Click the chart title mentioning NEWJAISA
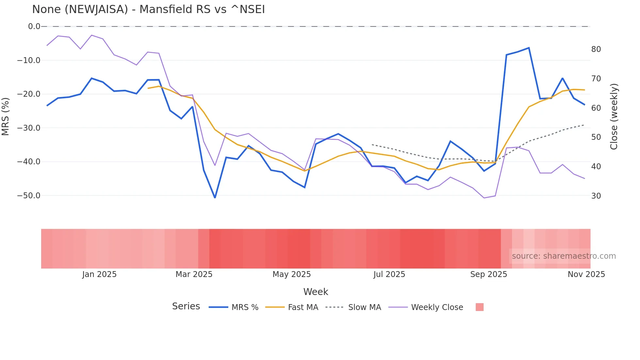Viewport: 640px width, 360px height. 148,9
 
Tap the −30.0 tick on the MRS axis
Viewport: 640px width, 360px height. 29,128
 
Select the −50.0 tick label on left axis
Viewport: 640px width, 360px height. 29,196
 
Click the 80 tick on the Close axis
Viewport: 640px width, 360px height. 596,49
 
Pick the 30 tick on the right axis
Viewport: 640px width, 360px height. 596,196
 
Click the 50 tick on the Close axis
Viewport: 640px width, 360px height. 596,137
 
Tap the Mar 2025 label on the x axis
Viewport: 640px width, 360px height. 194,274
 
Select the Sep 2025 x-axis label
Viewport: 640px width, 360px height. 488,274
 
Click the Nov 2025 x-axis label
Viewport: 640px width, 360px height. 586,274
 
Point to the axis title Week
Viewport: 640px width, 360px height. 315,292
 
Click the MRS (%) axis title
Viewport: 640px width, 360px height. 6,116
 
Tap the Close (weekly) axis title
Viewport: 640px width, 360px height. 614,116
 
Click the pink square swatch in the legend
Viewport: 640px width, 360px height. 479,307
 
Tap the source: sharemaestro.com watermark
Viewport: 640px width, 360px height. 564,256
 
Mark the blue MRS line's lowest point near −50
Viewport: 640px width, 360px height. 215,198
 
